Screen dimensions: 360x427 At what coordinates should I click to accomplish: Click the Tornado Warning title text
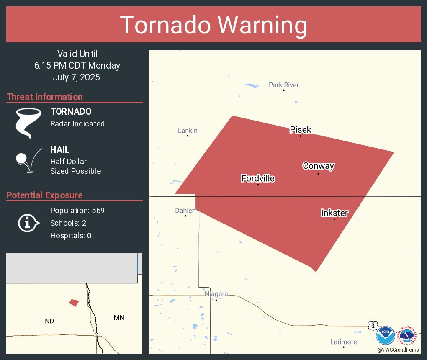[x=213, y=25]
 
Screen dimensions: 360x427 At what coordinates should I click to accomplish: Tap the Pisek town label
[x=301, y=130]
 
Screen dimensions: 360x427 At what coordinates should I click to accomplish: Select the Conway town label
[x=318, y=166]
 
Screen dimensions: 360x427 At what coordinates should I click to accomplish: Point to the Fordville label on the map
[x=258, y=179]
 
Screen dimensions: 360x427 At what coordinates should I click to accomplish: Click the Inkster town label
[x=334, y=213]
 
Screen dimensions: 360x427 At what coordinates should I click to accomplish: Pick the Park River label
[x=284, y=85]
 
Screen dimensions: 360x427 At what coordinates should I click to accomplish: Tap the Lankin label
[x=188, y=131]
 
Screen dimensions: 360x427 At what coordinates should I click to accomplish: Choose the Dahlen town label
[x=185, y=211]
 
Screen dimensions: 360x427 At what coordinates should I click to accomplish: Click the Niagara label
[x=216, y=294]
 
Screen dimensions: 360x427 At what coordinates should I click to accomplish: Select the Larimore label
[x=343, y=342]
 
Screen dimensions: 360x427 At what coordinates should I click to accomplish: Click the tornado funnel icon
[x=28, y=123]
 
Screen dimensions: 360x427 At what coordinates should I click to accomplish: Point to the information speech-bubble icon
[x=28, y=223]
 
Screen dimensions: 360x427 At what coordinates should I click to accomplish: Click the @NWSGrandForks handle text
[x=398, y=350]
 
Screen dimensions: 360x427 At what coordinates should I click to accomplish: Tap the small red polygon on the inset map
[x=74, y=302]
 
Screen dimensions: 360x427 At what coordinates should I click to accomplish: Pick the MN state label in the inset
[x=119, y=318]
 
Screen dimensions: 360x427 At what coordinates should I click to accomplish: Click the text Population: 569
[x=77, y=210]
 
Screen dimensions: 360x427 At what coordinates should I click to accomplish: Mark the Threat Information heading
[x=45, y=97]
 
